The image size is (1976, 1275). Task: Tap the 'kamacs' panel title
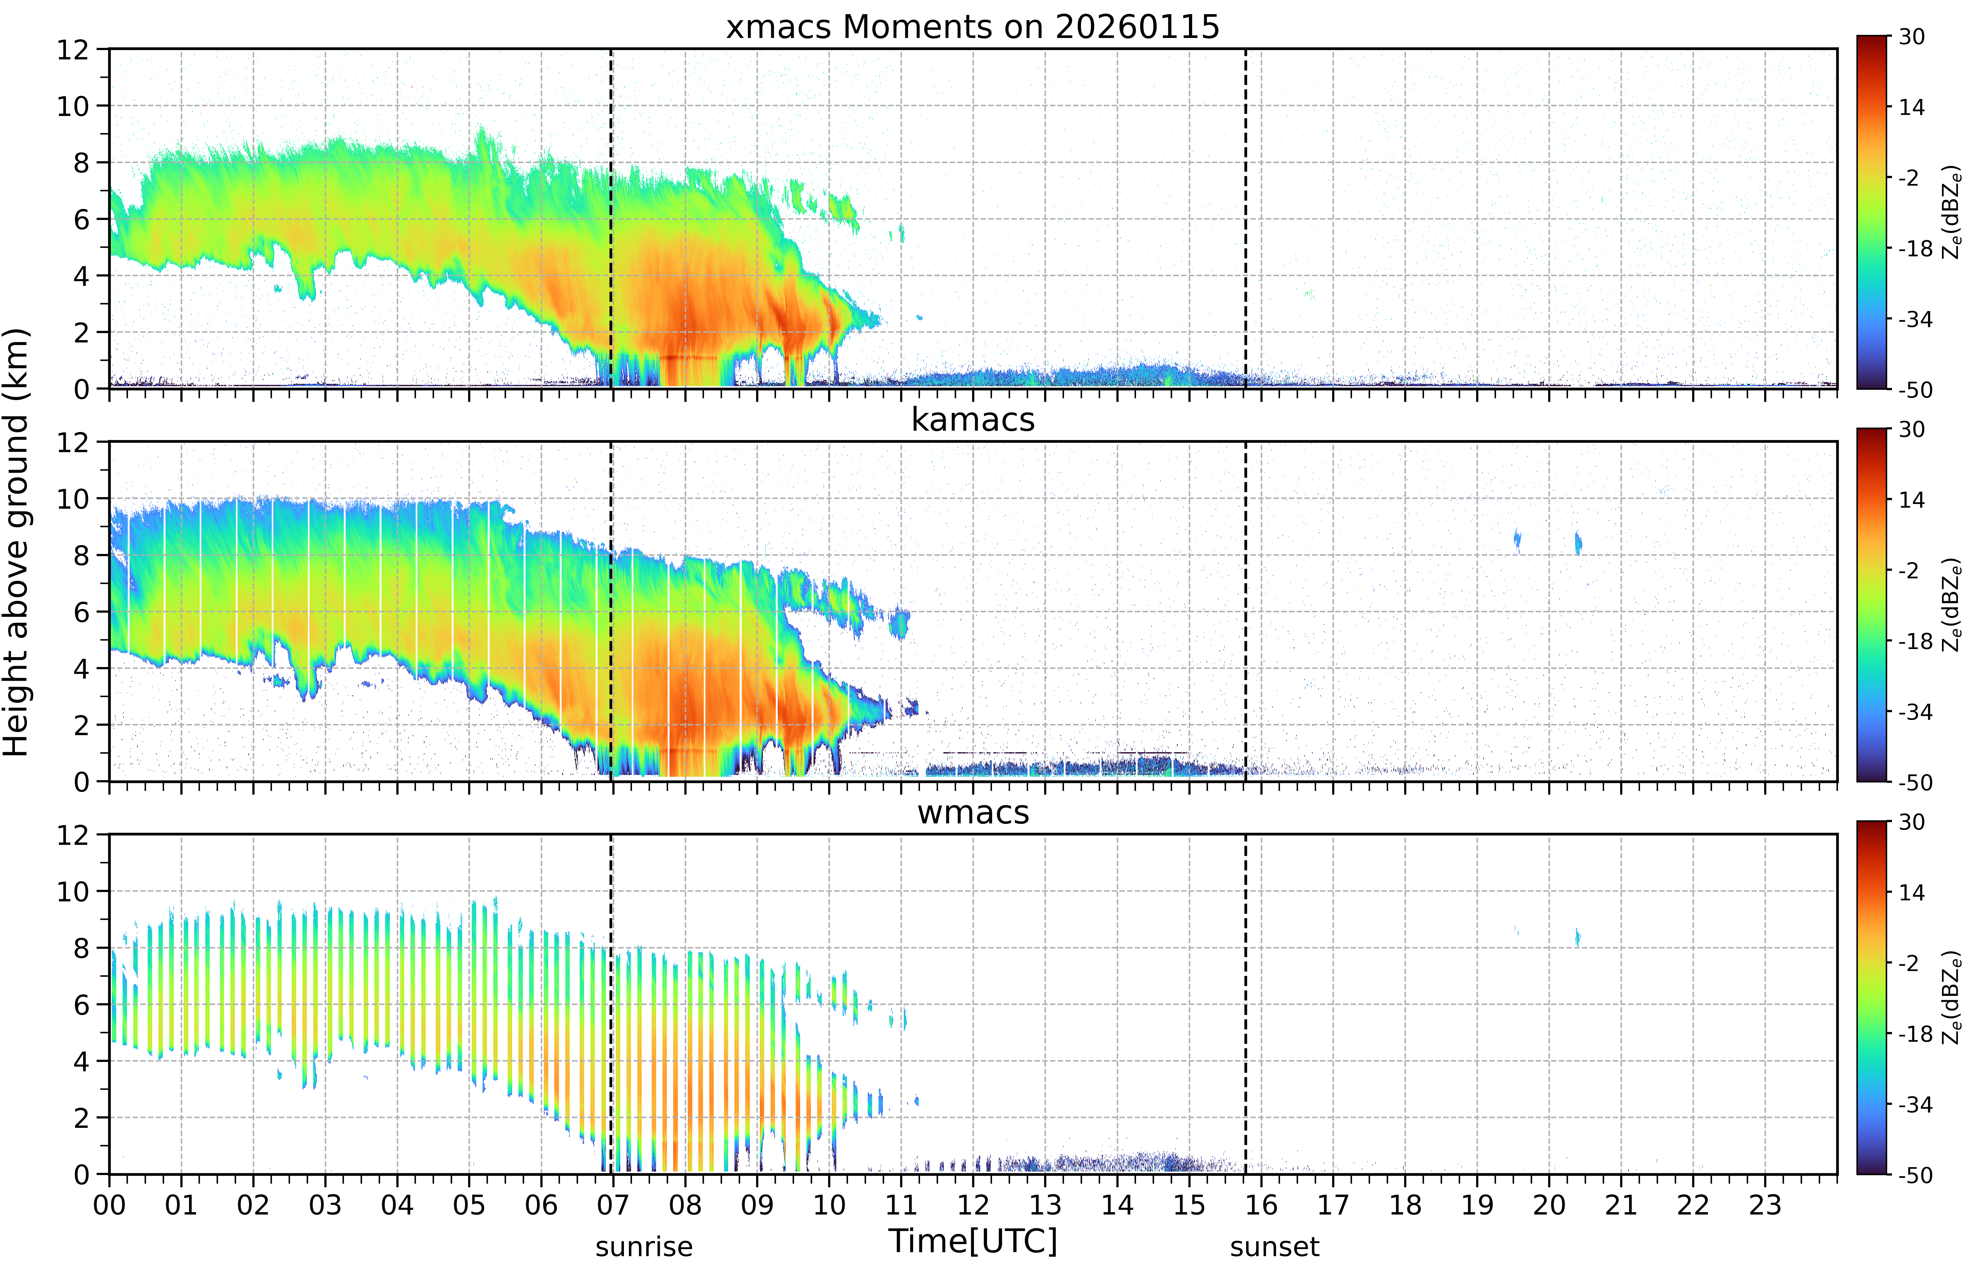(973, 420)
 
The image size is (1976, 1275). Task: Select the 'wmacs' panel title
(973, 812)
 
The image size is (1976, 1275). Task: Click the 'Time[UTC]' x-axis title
(973, 1241)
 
